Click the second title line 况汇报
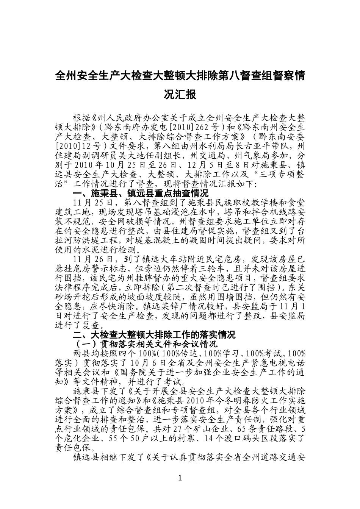(180, 94)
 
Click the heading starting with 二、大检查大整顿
(154, 334)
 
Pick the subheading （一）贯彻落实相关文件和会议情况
(145, 344)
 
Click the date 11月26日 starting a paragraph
(92, 259)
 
